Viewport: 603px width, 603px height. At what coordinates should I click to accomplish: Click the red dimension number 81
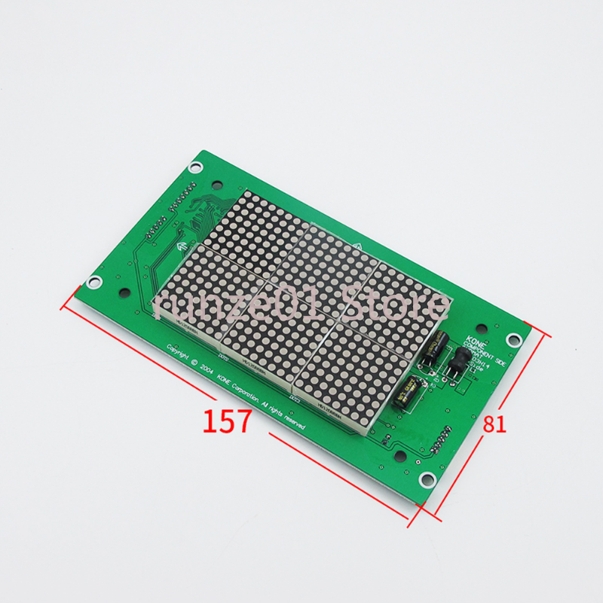point(494,424)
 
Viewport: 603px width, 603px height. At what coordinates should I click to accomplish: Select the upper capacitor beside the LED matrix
point(436,347)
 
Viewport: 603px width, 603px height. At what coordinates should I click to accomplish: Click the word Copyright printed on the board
point(182,353)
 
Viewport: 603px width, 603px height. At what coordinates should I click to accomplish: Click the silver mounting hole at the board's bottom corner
point(427,478)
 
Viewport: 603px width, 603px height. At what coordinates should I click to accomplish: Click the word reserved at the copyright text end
point(294,421)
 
